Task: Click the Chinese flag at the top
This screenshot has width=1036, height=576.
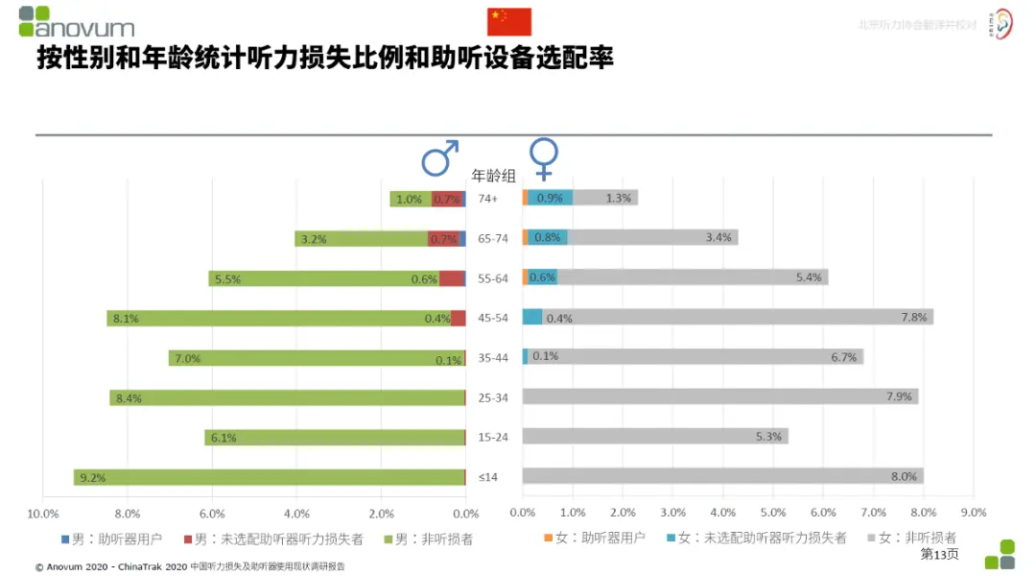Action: coord(509,21)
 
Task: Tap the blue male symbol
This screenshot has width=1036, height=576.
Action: coord(440,158)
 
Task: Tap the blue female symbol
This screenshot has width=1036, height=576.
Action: coord(544,159)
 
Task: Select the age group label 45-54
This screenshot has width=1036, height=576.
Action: coord(493,318)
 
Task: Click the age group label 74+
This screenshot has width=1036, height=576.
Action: coord(488,199)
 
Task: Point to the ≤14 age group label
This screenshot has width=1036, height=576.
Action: coord(488,477)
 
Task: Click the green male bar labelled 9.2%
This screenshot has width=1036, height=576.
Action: coord(270,477)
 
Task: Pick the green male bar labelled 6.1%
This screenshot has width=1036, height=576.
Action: coord(335,438)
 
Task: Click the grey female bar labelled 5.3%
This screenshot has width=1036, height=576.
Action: coord(655,437)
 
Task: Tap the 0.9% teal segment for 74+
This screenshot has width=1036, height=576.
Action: coord(550,198)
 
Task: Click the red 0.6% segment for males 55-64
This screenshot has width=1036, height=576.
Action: coord(452,278)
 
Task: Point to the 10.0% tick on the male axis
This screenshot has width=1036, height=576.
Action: coord(43,513)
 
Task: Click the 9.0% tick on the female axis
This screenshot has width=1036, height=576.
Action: coord(973,513)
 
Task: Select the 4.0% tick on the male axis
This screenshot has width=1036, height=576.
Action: coord(296,513)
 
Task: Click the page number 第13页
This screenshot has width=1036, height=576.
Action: coord(939,554)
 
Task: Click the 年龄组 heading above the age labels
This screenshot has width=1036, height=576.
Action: coord(493,176)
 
